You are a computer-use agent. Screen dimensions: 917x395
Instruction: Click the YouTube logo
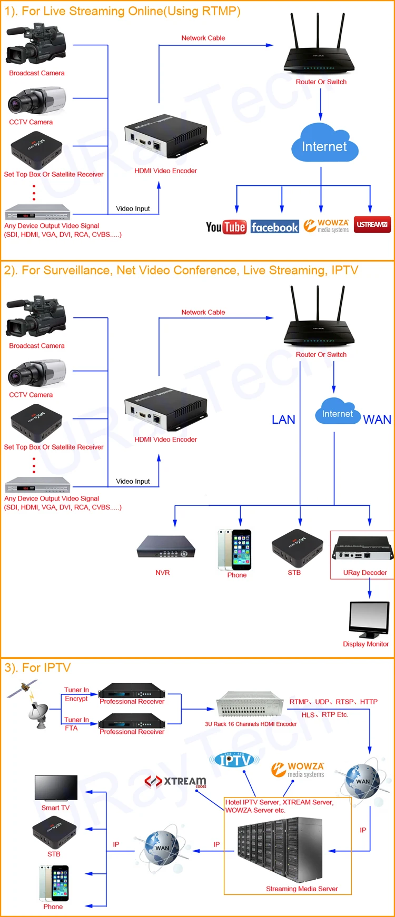coord(226,227)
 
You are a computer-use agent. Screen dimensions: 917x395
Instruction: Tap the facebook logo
coord(274,227)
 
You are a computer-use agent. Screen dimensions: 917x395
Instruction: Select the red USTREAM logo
coord(372,224)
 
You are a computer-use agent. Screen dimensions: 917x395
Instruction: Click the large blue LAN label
coord(283,420)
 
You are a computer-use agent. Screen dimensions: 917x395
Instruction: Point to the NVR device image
coord(166,548)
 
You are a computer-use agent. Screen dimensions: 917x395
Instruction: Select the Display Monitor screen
coord(369,619)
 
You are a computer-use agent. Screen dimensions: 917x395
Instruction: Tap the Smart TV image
coord(56,788)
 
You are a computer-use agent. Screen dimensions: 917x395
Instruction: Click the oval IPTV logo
coord(234,760)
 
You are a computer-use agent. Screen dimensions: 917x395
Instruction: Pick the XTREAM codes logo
coord(175,781)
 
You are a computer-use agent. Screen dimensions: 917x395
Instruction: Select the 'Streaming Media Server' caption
coord(302,889)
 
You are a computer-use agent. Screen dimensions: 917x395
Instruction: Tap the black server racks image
coord(279,850)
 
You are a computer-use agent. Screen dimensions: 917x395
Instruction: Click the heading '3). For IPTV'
coord(37,667)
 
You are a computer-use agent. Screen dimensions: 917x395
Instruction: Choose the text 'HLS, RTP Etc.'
coord(324,715)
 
